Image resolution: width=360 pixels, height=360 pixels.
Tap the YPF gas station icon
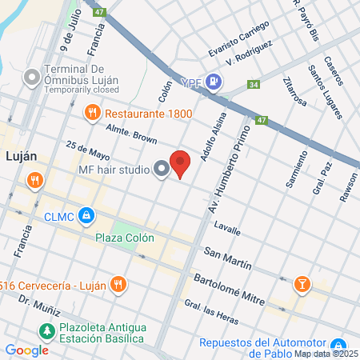click(x=213, y=81)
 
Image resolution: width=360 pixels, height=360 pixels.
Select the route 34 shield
click(x=254, y=84)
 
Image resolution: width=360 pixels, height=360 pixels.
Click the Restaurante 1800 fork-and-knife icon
click(x=90, y=114)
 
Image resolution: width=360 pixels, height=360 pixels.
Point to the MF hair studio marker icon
click(x=161, y=169)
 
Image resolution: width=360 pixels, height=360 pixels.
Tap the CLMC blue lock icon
click(x=87, y=216)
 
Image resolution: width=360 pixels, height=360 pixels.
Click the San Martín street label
click(x=227, y=259)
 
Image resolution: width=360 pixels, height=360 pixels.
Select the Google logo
click(x=26, y=350)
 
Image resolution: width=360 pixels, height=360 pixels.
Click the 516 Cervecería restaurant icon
click(x=118, y=282)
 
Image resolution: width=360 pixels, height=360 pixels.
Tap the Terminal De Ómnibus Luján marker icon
click(x=32, y=78)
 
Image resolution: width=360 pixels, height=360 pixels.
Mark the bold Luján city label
click(x=22, y=156)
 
